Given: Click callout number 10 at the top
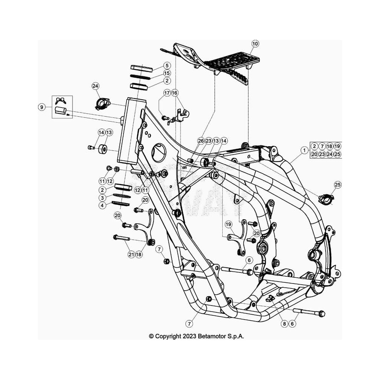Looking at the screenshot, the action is point(255,44).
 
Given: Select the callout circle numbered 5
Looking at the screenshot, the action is point(167,65).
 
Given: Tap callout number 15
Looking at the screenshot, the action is point(167,73).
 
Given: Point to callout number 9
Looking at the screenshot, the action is point(42,107).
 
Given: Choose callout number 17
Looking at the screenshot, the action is point(167,93).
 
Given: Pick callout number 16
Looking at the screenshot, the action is point(174,93).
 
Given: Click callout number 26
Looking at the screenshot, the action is point(201,141).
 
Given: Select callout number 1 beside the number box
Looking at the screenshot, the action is point(304,150).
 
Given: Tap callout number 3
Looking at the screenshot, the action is point(102,198).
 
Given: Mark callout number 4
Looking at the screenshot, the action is point(102,206).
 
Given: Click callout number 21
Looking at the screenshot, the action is point(131,255).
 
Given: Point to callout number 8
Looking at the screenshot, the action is point(285,323).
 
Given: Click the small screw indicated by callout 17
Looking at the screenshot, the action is point(165,118).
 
